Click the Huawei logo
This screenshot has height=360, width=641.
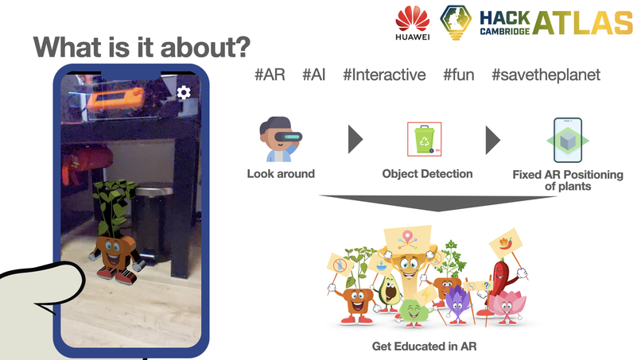click(413, 23)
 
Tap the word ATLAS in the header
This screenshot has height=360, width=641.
click(583, 23)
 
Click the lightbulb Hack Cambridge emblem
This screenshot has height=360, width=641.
click(456, 22)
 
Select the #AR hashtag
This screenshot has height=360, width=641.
click(270, 75)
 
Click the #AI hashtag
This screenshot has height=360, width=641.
click(314, 75)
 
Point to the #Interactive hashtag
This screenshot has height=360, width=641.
click(384, 75)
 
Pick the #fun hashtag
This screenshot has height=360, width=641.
click(459, 75)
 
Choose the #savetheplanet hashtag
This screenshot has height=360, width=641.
click(546, 75)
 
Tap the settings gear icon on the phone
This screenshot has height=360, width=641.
click(184, 92)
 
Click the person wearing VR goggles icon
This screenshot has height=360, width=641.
click(281, 139)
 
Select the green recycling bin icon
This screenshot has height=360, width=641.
click(425, 139)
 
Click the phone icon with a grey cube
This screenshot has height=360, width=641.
click(568, 140)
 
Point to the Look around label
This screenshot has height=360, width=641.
click(281, 174)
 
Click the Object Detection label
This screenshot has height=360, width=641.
click(427, 174)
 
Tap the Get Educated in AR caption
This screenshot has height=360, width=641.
click(425, 346)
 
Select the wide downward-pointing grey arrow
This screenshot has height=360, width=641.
click(438, 203)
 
